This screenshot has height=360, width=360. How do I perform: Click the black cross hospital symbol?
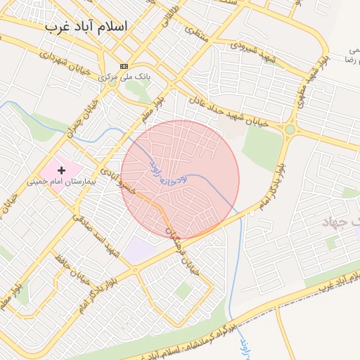point(62,169)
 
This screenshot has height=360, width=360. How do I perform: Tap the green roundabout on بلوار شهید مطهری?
point(290,129)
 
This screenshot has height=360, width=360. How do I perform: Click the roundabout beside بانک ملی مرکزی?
point(112,81)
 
